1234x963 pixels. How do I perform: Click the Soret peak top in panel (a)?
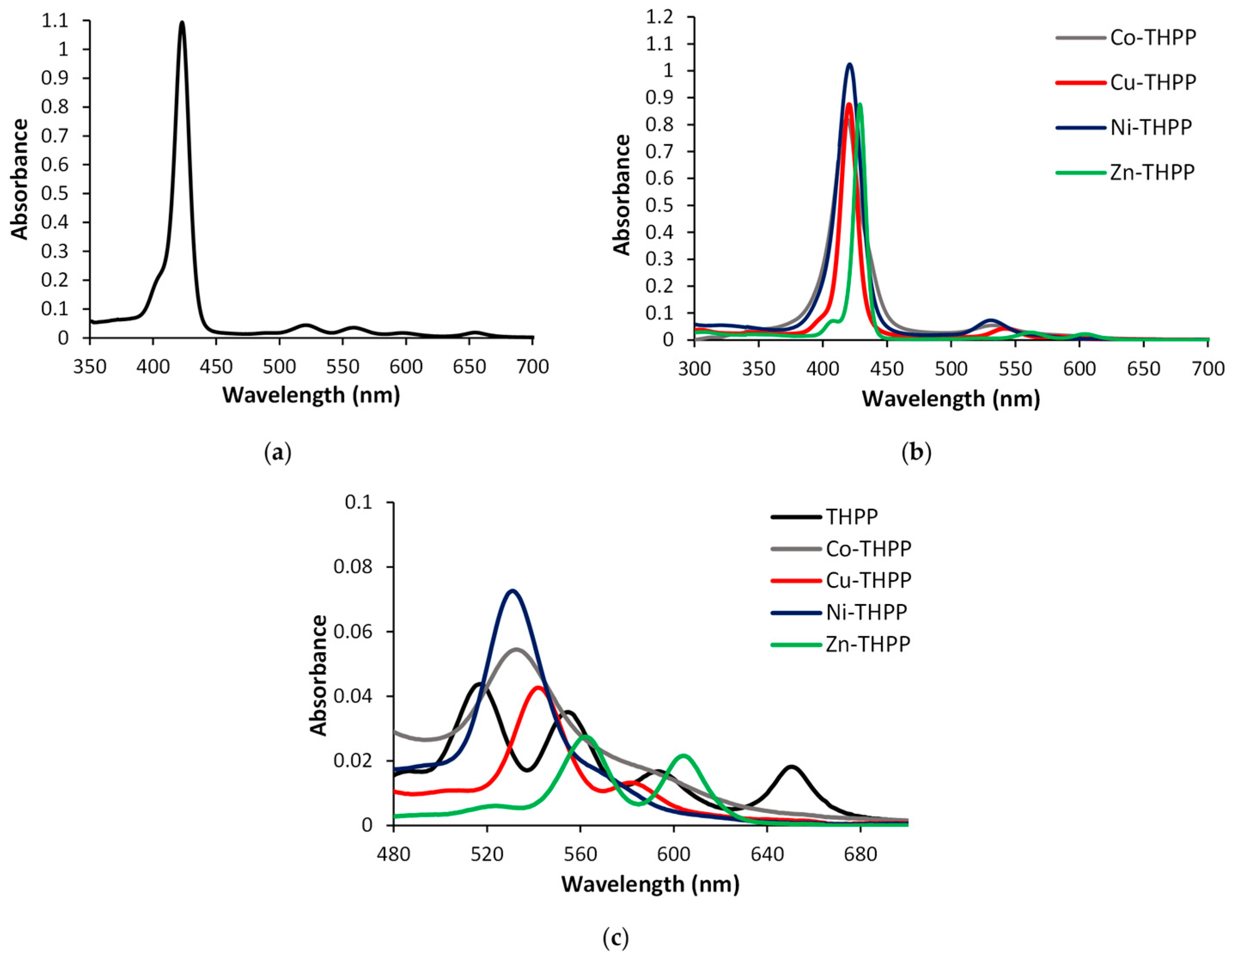coord(182,23)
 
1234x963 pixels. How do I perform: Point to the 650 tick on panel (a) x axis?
coord(470,367)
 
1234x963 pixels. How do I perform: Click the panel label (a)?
coord(277,454)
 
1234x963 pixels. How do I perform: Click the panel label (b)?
coord(916,454)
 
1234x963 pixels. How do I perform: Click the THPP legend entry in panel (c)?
coord(851,516)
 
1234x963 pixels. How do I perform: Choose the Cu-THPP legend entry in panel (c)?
coord(868,580)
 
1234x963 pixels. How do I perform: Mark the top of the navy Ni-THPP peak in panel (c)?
coord(512,591)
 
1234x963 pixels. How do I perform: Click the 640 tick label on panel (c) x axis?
coord(767,854)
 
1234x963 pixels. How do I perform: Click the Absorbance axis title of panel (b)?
coord(622,195)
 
